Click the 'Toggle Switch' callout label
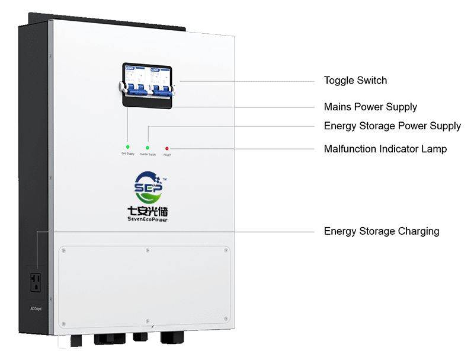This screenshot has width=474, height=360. point(355,80)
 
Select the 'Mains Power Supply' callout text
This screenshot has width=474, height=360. point(370,107)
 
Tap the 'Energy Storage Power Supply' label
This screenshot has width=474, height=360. point(392,126)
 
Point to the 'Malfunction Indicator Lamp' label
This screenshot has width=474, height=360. point(385,149)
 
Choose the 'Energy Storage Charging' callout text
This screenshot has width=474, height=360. point(382,231)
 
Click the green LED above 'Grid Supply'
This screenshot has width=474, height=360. point(127,146)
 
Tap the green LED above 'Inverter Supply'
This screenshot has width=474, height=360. point(148,146)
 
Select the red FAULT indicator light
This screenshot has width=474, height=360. point(167,148)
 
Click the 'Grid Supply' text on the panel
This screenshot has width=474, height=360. point(128,154)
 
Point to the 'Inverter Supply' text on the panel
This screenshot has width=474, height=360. point(148,154)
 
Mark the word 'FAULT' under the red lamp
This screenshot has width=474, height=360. point(167,155)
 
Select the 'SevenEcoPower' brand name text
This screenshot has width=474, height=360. point(148,219)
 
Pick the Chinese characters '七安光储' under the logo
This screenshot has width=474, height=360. point(148,211)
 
